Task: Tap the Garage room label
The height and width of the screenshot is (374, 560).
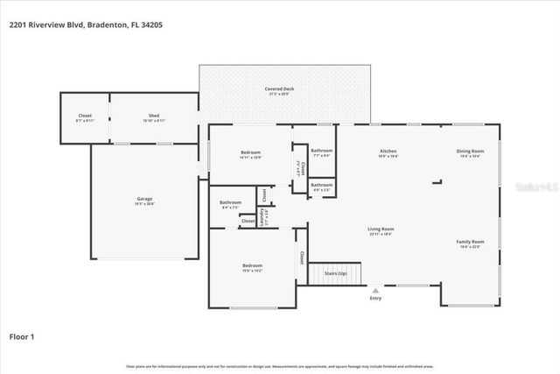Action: (144, 199)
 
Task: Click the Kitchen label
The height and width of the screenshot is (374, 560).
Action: (388, 151)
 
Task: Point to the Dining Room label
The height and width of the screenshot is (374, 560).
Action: (469, 151)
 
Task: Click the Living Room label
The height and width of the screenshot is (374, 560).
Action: (381, 229)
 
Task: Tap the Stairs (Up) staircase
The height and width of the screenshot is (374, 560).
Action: (336, 273)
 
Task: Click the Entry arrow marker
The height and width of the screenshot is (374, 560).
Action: (375, 290)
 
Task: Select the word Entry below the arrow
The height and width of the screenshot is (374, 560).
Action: (375, 299)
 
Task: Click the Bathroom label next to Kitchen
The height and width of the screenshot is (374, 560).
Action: (321, 151)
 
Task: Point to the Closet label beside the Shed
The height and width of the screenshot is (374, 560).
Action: (85, 116)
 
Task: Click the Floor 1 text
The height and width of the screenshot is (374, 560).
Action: (23, 335)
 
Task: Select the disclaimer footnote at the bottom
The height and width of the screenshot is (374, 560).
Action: (279, 366)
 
